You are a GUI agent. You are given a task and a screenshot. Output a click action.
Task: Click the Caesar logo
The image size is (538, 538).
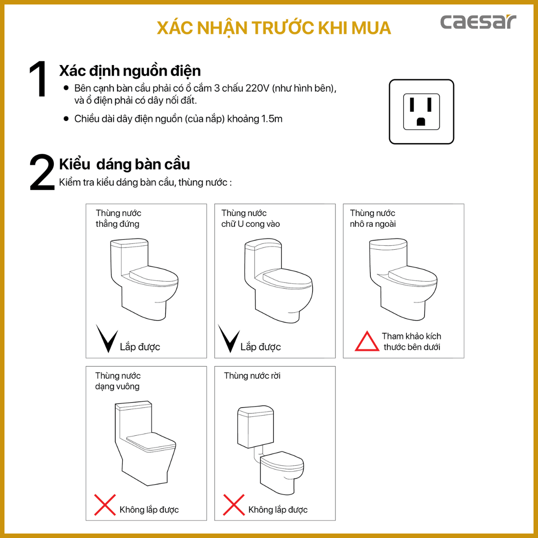coord(478,22)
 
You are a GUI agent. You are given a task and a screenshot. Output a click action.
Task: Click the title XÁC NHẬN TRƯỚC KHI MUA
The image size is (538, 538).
coord(273,28)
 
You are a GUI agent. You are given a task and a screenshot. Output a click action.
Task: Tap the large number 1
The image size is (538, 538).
coord(38,80)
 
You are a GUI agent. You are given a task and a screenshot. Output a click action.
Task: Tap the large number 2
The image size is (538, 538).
coord(42,173)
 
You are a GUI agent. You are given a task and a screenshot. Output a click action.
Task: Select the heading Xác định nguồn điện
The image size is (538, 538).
coord(130,71)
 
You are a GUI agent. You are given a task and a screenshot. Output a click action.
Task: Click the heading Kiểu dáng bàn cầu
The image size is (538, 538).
coord(125,165)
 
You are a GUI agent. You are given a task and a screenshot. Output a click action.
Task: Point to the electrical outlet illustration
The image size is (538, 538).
coord(421,112)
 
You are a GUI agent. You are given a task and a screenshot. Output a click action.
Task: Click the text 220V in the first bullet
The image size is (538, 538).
coord(257,88)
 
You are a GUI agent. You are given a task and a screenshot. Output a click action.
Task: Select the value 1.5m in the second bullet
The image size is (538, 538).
coord(272,119)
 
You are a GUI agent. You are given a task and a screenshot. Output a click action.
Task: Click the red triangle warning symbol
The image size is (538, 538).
coord(367,342)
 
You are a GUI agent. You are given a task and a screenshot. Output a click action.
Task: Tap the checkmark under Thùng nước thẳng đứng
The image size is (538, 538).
coord(107,339)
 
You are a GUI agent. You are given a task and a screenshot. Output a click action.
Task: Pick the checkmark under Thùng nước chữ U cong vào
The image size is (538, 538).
coord(229,339)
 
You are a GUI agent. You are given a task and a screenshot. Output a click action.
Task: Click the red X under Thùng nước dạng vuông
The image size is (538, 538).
coord(105,505)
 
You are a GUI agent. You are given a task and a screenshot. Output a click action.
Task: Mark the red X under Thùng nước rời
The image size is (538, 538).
coord(234,505)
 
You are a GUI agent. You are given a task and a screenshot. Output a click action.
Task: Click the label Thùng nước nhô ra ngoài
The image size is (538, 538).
coord(373,218)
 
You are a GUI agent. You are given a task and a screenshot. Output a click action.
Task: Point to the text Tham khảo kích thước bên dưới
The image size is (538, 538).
coord(412,342)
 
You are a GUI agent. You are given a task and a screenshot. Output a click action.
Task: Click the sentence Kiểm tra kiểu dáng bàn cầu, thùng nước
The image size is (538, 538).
coord(145,182)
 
